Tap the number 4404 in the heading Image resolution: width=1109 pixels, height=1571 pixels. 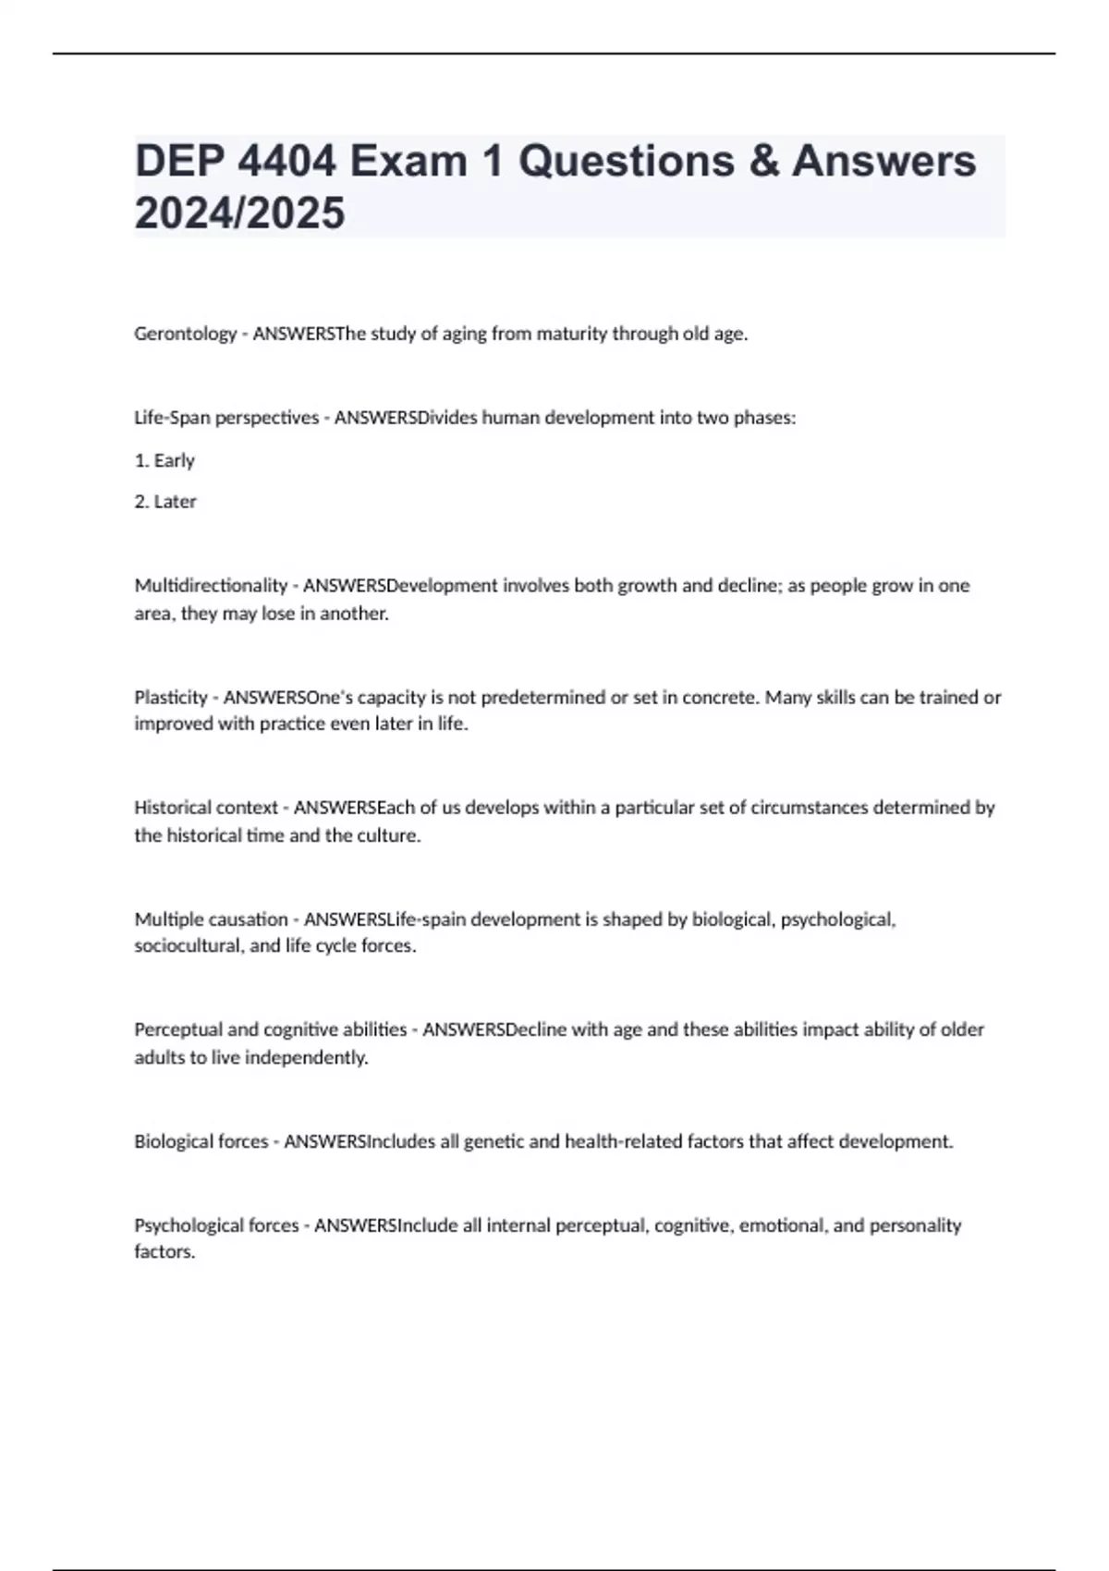tap(286, 162)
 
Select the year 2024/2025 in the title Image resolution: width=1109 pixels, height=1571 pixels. tap(239, 213)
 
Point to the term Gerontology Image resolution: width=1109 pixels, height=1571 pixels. tap(185, 335)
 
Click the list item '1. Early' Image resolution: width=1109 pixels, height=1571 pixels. tap(165, 460)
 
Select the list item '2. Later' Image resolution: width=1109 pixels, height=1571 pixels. tap(165, 502)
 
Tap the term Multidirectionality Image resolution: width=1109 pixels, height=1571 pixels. tap(211, 586)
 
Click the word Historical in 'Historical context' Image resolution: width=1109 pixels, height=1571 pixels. tap(173, 808)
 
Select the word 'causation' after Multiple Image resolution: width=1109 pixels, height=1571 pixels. tap(249, 919)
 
